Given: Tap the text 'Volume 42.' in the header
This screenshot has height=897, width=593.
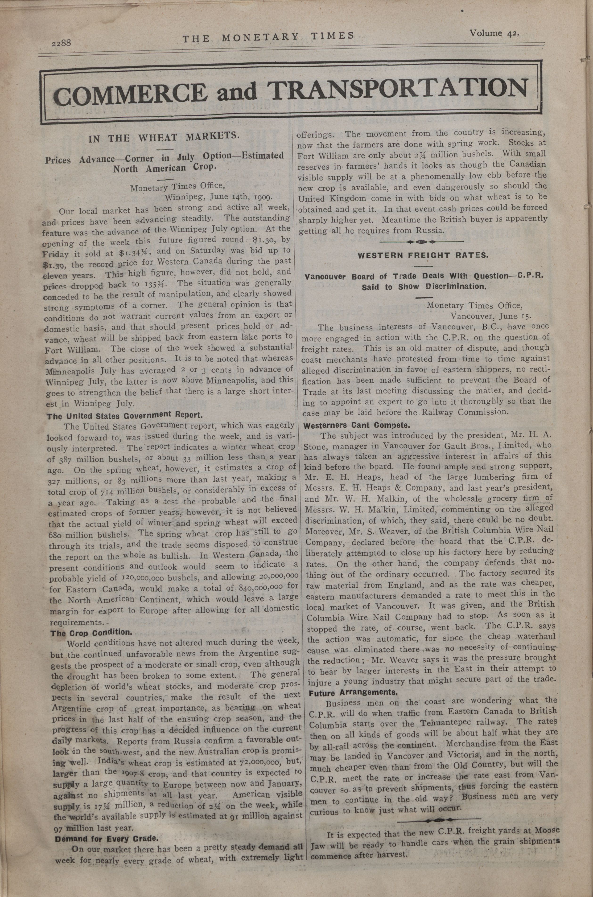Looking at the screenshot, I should click(x=494, y=33).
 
